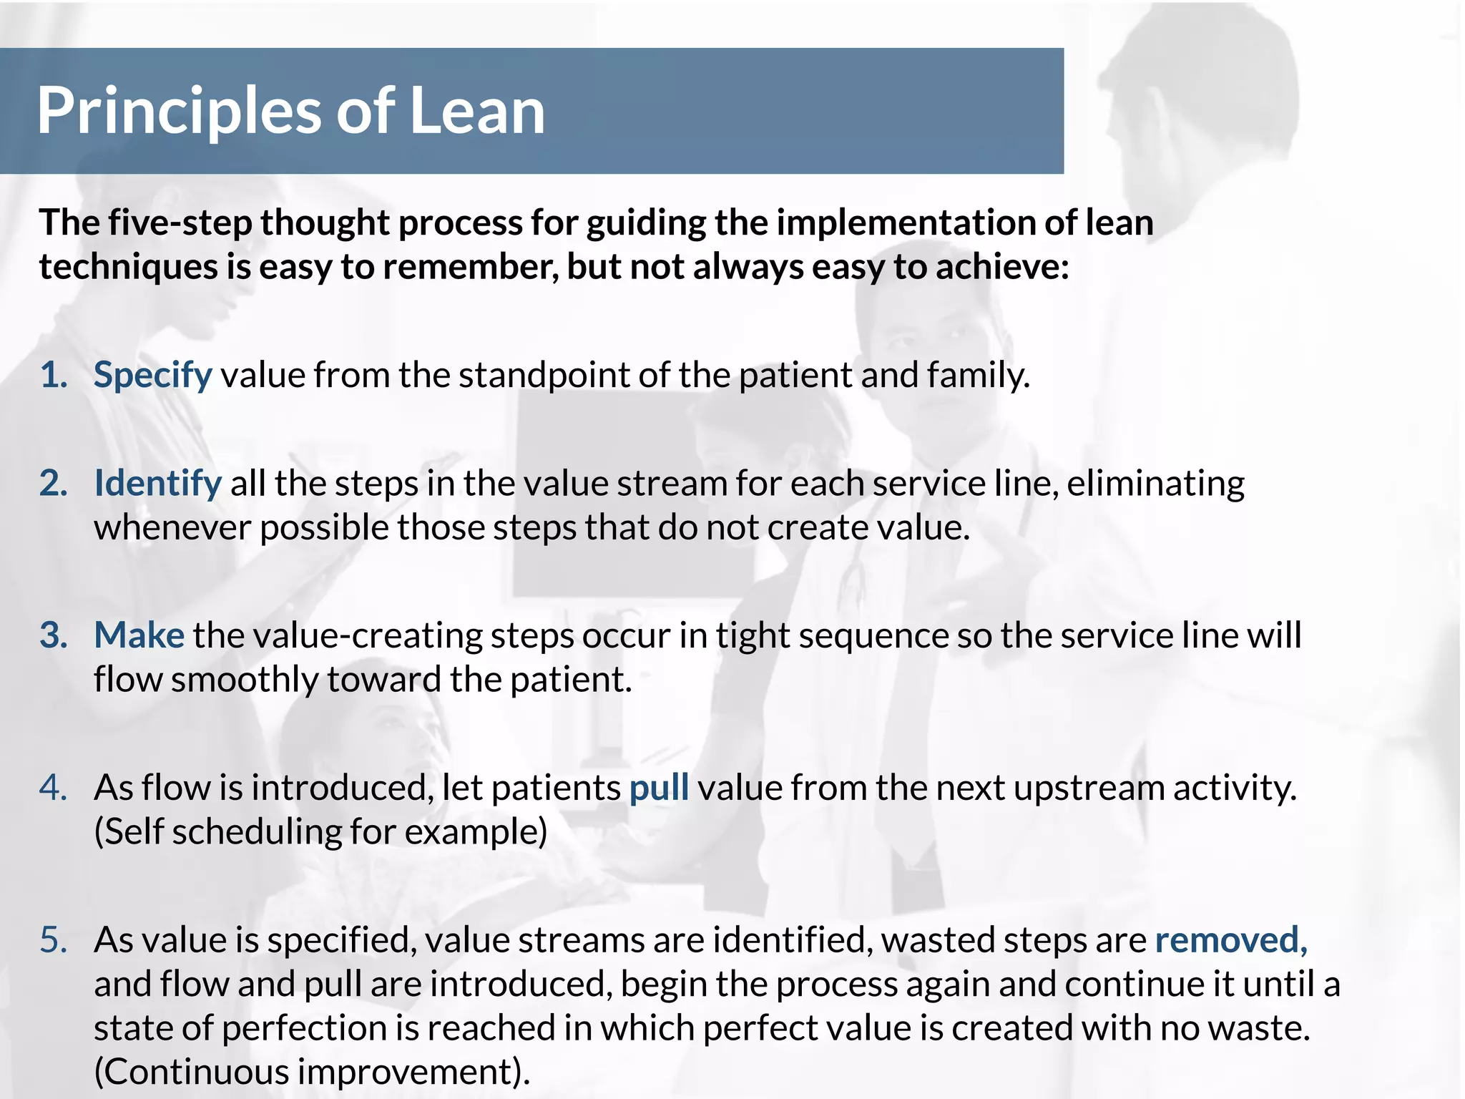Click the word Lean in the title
[477, 111]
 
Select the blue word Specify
[152, 376]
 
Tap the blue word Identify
[157, 484]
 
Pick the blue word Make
[139, 635]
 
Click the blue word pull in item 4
[659, 788]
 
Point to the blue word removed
[1230, 940]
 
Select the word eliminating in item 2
[1155, 484]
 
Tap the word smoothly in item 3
[245, 680]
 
